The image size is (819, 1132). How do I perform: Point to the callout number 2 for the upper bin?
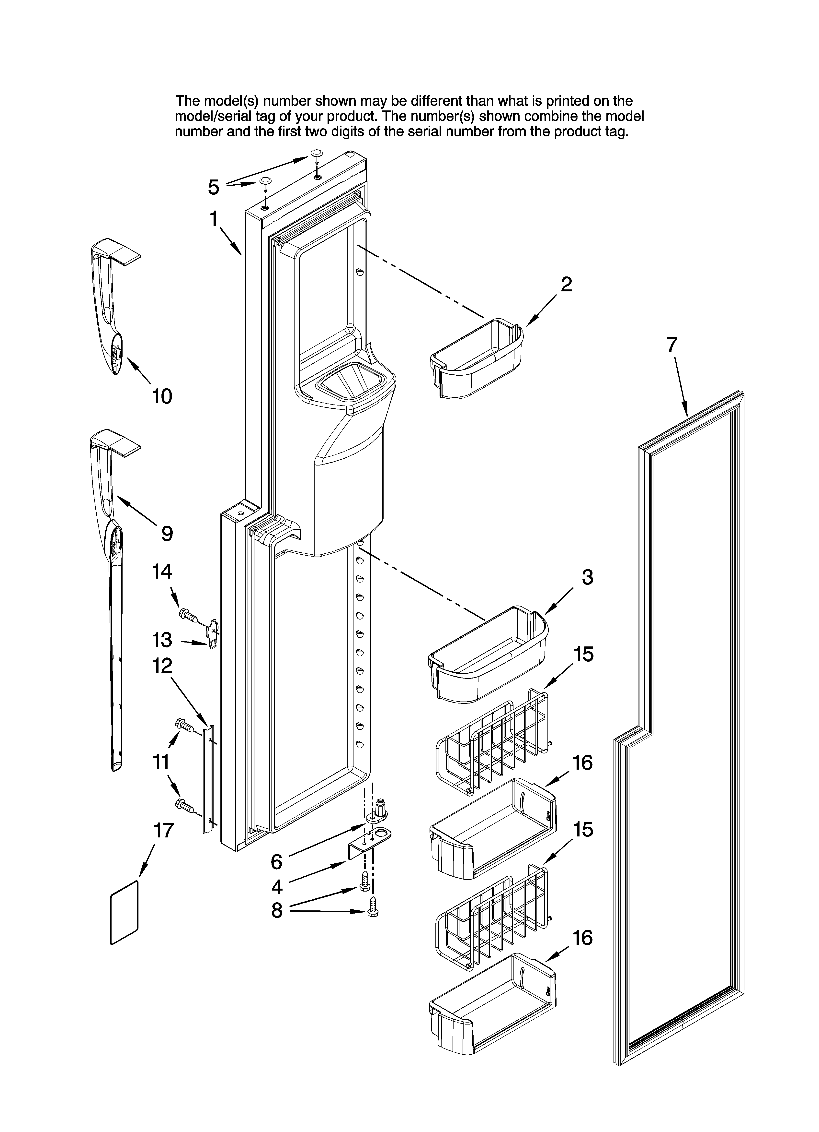pyautogui.click(x=566, y=285)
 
